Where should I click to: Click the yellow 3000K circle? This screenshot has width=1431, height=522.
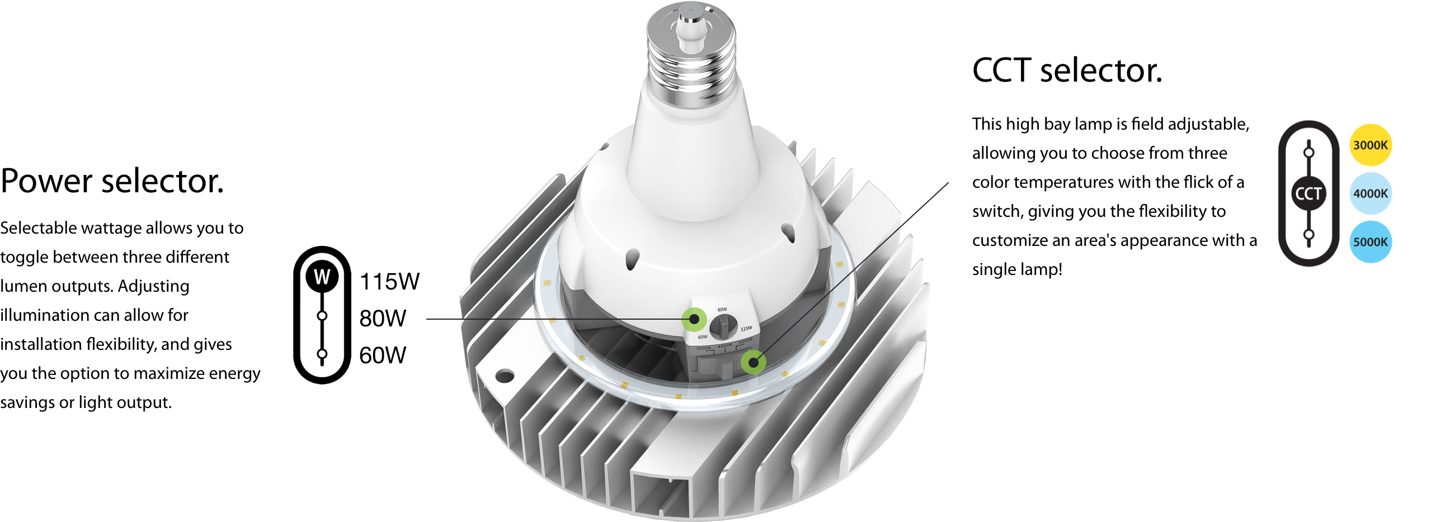1370,145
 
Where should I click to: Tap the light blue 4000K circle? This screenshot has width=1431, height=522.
1370,193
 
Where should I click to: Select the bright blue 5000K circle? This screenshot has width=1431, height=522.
1370,242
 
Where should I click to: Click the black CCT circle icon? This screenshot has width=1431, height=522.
1308,193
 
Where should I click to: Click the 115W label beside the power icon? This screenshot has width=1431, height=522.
389,282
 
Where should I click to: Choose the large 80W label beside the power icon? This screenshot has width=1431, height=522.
383,318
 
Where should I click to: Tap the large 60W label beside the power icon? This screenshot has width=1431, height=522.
383,355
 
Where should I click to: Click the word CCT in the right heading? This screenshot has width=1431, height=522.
1002,70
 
